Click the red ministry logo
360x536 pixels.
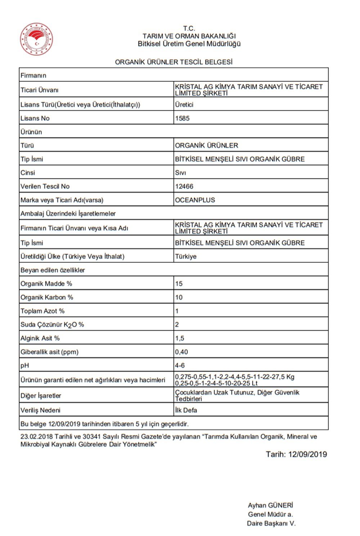click(36, 39)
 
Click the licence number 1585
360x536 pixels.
click(182, 118)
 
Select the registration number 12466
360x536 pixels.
click(184, 186)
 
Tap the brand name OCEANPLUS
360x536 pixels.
click(195, 200)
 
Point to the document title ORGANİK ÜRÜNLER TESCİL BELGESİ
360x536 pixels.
click(174, 62)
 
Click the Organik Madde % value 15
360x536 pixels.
click(179, 284)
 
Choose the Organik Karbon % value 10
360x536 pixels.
click(179, 297)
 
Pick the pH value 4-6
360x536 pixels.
click(180, 365)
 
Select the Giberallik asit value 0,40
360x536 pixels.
click(181, 352)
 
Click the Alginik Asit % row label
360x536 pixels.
click(40, 338)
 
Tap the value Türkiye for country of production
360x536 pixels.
click(186, 257)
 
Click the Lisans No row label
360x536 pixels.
click(35, 118)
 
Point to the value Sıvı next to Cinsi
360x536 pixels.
click(180, 173)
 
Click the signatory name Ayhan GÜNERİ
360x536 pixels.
click(270, 505)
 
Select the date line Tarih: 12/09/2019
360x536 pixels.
click(296, 454)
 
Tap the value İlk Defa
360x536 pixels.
click(186, 410)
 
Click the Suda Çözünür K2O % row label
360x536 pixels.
click(52, 325)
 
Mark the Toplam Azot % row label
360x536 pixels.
click(42, 311)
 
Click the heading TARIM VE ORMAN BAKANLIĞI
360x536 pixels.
click(189, 36)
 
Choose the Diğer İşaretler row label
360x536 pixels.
click(41, 396)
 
